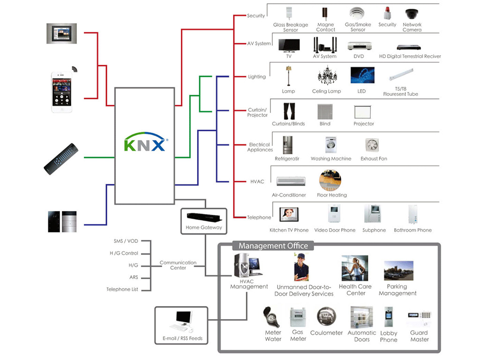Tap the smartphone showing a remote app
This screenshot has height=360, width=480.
(62, 92)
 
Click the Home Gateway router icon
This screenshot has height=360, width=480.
(204, 218)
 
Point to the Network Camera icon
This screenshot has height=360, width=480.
(412, 14)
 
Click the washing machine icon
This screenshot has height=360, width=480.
(331, 145)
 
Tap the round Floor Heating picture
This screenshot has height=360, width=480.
(330, 180)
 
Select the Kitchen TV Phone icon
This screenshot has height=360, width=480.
(289, 215)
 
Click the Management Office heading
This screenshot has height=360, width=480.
(273, 246)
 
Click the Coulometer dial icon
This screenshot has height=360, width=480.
(326, 317)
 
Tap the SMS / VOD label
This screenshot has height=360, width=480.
(126, 241)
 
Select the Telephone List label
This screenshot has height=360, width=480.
(122, 289)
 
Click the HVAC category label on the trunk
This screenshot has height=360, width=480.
(257, 181)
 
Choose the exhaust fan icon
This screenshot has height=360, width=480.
(373, 145)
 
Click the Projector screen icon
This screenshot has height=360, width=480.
(363, 112)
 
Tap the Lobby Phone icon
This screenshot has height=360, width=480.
(389, 317)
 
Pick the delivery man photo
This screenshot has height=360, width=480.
(301, 267)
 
